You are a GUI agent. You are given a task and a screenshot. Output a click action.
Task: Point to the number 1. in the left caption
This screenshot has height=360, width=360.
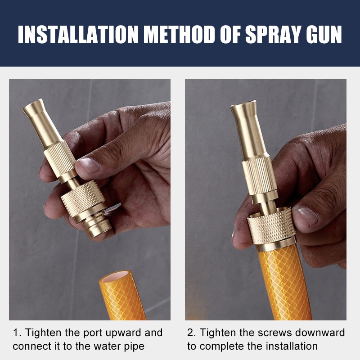tap(17, 333)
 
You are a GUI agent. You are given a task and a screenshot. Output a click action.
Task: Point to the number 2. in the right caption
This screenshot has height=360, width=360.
tap(192, 333)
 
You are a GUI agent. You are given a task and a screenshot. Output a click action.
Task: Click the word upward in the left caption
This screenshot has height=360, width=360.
tap(118, 333)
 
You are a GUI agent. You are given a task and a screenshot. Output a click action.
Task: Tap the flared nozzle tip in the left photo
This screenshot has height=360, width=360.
tap(34, 109)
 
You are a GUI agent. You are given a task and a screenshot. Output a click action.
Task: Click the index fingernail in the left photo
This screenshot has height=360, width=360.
tap(89, 165)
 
